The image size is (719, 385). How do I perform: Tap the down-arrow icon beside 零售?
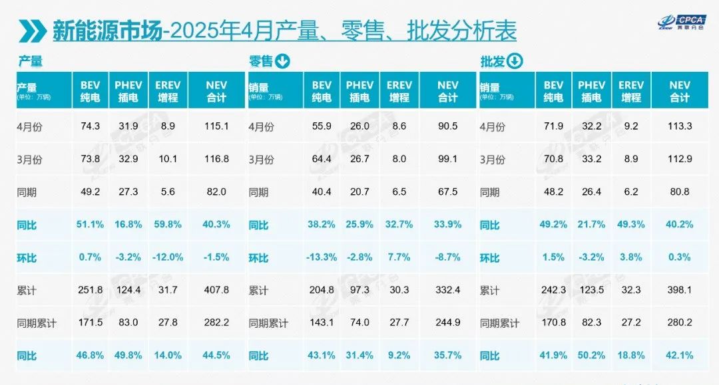coord(282,62)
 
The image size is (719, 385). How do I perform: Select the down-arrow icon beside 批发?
coord(515,62)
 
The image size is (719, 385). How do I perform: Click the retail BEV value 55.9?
coord(322,126)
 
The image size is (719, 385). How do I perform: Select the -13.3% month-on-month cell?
coord(322,257)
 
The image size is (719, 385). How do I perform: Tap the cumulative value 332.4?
coord(448,291)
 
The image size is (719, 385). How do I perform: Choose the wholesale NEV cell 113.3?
coord(680,126)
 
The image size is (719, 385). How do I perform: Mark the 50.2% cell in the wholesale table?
coord(591,356)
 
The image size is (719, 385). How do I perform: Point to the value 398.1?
coord(680,291)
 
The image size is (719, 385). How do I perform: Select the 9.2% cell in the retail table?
coord(399,356)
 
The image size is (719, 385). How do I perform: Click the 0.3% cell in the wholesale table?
coord(680,257)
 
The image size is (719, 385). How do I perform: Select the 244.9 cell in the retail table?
coord(448,323)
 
